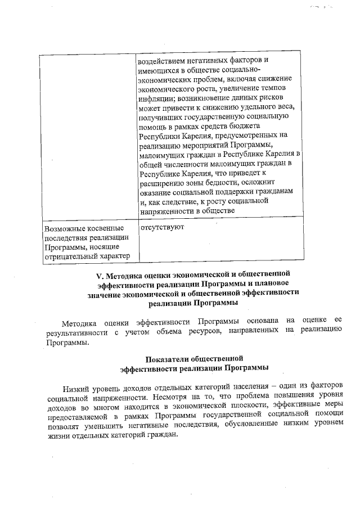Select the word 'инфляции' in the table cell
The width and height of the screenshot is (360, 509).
pos(155,97)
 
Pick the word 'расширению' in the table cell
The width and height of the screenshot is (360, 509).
pos(160,182)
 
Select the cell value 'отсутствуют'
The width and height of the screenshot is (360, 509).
pos(162,228)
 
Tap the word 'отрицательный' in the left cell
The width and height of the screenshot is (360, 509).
pos(70,257)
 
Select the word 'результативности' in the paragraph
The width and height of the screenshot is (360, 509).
pos(75,334)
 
